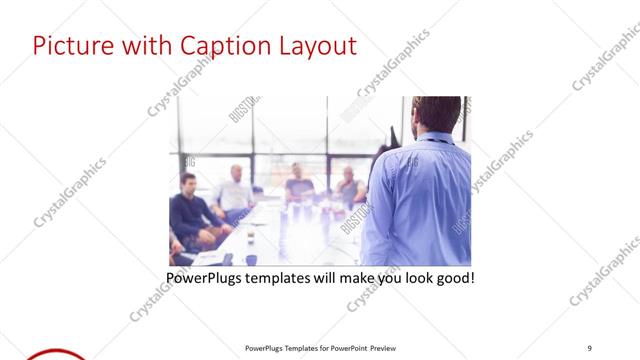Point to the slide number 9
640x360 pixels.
590,348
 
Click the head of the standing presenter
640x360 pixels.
436,114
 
